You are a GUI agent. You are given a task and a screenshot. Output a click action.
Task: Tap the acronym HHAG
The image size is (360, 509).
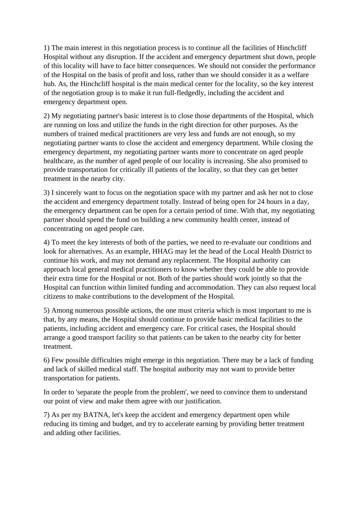pyautogui.click(x=163, y=251)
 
